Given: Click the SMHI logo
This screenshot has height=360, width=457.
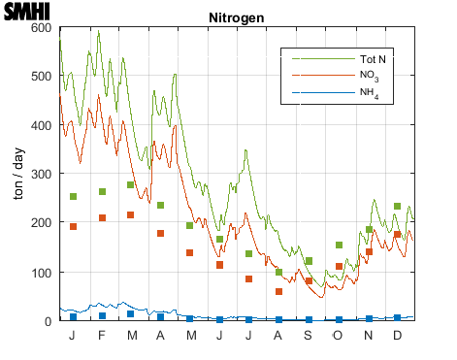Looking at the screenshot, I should pos(26,13).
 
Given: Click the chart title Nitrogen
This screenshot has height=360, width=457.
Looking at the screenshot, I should pos(238,18).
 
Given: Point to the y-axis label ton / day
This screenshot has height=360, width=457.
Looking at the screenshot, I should pos(17,175).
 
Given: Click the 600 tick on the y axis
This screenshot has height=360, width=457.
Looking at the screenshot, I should pos(41,27).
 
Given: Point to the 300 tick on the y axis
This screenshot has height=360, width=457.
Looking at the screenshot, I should pos(41,174).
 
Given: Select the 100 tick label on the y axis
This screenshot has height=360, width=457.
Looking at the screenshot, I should pos(41,272).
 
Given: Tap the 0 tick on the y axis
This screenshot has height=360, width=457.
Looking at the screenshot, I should pos(47,320).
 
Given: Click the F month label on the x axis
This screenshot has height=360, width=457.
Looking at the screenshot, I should pos(102,335).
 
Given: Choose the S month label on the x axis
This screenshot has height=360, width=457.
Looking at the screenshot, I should pos(309,335).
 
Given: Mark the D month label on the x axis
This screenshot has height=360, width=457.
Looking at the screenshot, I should pos(397,335).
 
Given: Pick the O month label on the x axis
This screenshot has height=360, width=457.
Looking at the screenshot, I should pos(338,335).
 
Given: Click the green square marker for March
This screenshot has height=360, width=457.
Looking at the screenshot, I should pos(131,185).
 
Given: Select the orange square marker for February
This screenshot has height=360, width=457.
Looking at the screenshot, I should pos(102,218).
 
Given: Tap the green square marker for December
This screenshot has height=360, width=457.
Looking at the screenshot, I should pos(397,207).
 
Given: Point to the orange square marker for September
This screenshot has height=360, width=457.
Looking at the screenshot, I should pos(309,281).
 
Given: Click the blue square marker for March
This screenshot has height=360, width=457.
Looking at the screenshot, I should pos(131,314).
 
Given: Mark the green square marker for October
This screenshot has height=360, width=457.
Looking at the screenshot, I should pos(339,245).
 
